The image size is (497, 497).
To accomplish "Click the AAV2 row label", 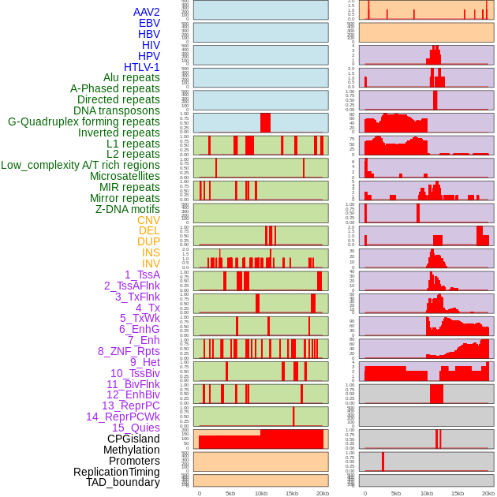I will (x=146, y=12).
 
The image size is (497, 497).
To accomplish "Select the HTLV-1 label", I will (x=141, y=67).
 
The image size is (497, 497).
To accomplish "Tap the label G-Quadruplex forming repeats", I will (x=84, y=121).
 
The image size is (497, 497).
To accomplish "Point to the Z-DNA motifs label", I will (x=127, y=209).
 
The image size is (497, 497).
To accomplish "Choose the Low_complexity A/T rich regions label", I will (x=80, y=165).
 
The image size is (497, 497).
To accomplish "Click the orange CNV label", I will (x=148, y=220).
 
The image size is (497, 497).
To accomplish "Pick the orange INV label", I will (x=151, y=263).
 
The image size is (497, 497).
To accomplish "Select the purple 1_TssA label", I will (x=142, y=275).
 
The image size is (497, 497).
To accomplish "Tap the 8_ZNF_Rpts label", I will (x=129, y=351).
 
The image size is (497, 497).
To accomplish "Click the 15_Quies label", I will (x=136, y=428).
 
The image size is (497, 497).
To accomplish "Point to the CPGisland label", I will (x=133, y=439).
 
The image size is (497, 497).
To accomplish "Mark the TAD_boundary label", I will (x=122, y=482).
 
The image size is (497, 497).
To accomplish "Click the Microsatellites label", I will (x=125, y=176).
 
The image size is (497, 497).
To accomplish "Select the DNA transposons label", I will (x=117, y=110).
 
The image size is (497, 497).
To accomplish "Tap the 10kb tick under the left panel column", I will (x=260, y=493).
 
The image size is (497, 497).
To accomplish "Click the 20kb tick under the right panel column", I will (x=488, y=493).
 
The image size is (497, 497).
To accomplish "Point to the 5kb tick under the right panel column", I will (x=395, y=493).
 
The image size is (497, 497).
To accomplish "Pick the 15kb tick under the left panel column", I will (x=291, y=493).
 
